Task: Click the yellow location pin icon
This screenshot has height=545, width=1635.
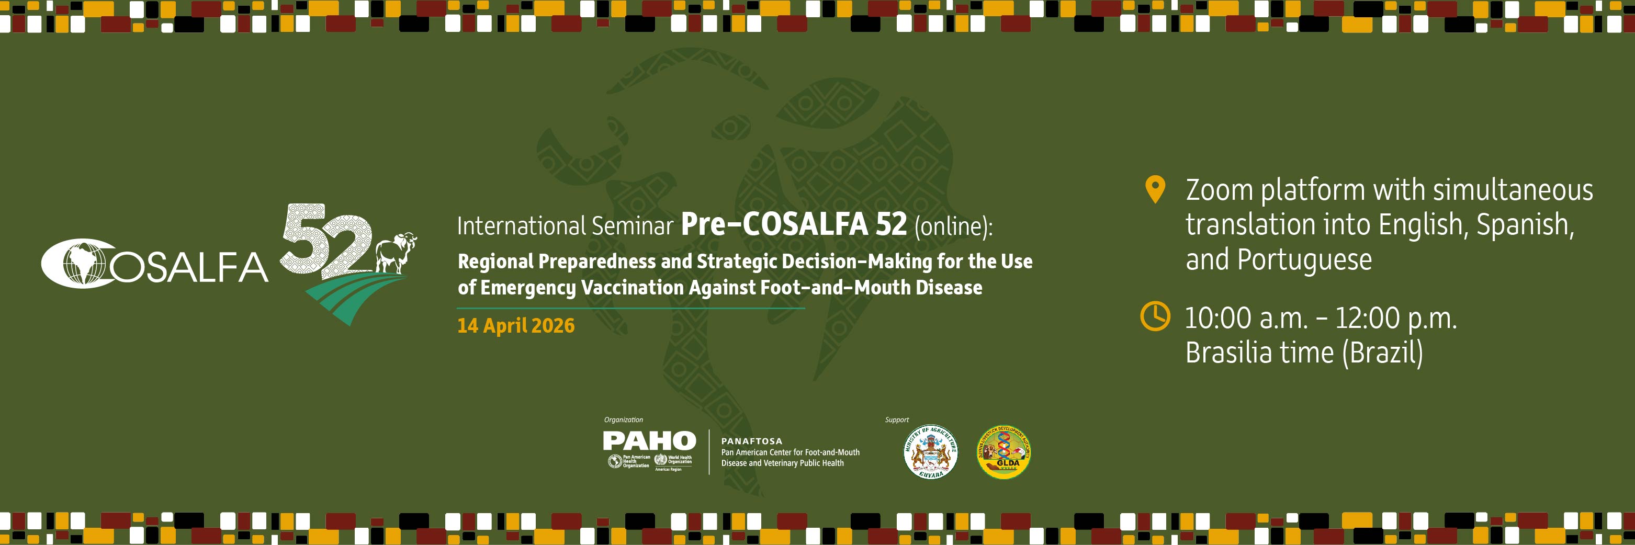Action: (1155, 189)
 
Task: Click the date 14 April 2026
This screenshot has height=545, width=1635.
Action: (515, 325)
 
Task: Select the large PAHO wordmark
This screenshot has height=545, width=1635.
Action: (649, 440)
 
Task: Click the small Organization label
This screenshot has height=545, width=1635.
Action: (623, 419)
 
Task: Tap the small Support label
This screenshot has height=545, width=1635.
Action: (897, 419)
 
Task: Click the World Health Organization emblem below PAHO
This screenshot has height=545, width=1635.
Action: (661, 461)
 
